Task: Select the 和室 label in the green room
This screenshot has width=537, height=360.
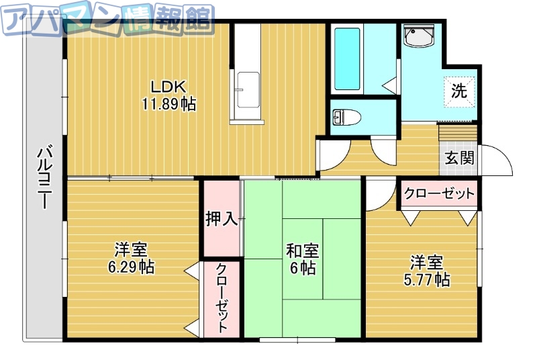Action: click(x=303, y=251)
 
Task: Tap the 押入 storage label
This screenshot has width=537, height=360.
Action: click(x=221, y=218)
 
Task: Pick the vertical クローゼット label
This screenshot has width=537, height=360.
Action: click(x=221, y=298)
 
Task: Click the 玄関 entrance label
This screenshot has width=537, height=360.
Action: click(x=460, y=159)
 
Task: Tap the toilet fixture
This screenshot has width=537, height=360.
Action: click(x=347, y=118)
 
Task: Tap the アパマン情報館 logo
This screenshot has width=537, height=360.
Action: click(x=107, y=18)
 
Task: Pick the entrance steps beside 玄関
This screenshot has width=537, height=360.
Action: click(x=457, y=134)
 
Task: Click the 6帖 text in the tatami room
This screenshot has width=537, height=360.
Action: click(x=303, y=268)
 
